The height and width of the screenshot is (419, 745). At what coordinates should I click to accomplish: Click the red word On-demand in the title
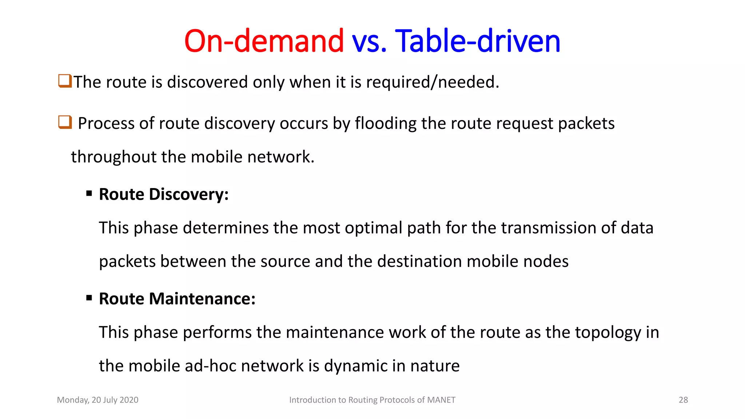coord(264,41)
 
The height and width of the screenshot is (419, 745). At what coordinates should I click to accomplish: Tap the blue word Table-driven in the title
coord(477,41)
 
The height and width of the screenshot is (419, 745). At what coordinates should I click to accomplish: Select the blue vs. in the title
coord(369,41)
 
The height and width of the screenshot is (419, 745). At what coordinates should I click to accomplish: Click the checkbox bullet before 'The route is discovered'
coord(65,81)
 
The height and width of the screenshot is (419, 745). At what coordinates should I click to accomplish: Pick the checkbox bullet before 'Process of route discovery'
coord(65,122)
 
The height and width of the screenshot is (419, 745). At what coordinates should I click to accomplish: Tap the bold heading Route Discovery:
coord(164,194)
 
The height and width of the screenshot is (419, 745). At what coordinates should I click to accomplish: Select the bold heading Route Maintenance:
coord(177,299)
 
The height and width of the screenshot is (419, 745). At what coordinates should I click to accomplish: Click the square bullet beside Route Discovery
coord(89,193)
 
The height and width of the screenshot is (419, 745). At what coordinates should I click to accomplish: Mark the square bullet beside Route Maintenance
coord(89,298)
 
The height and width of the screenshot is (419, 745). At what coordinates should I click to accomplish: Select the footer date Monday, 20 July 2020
coord(97,400)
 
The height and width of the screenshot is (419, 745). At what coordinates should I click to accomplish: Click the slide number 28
coord(683,400)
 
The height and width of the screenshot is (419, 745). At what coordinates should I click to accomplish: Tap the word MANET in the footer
coord(441,400)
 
